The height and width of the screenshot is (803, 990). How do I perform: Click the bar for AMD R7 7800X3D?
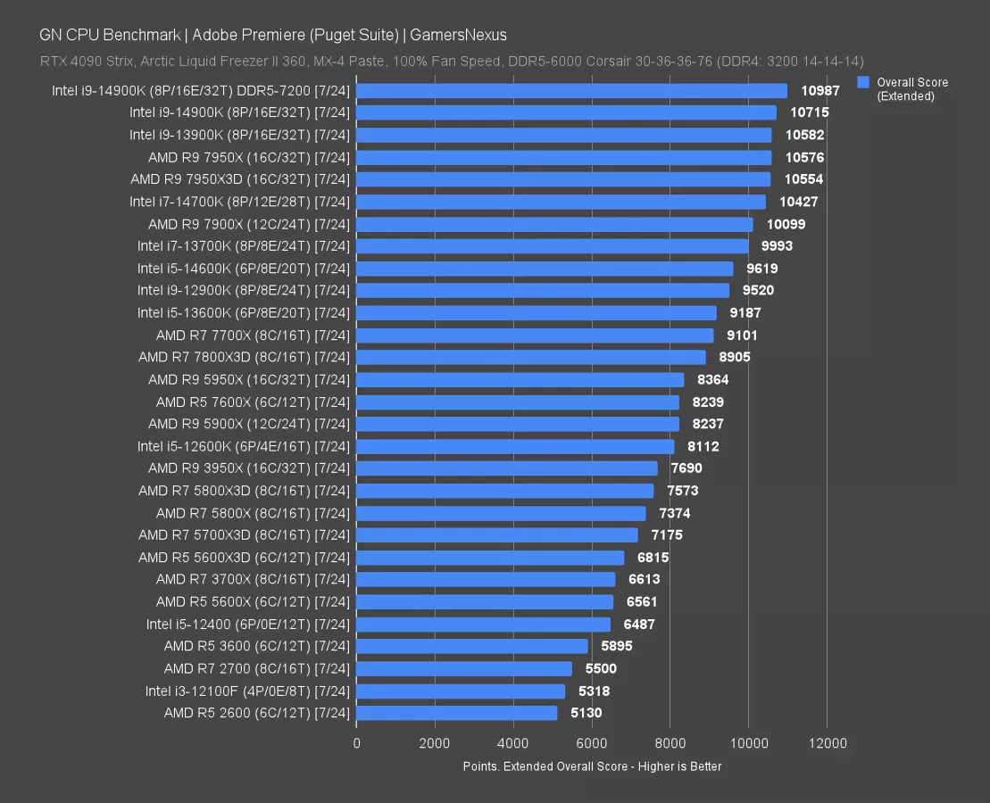pyautogui.click(x=531, y=357)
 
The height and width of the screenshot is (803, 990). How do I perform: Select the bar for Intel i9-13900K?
pyautogui.click(x=564, y=135)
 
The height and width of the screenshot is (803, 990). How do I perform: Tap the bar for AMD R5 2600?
pyautogui.click(x=457, y=713)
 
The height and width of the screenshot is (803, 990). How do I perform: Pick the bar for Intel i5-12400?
pyautogui.click(x=484, y=625)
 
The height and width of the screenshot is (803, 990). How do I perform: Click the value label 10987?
pyautogui.click(x=819, y=91)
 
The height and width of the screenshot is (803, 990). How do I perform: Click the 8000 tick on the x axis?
pyautogui.click(x=670, y=742)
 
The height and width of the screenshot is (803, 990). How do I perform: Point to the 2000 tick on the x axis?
pyautogui.click(x=435, y=742)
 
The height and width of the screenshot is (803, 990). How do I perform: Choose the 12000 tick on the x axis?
pyautogui.click(x=826, y=742)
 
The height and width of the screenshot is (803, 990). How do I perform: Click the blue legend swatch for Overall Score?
pyautogui.click(x=862, y=82)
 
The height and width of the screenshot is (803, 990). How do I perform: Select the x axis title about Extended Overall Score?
pyautogui.click(x=592, y=766)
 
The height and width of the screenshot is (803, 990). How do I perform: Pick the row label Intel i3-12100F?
pyautogui.click(x=247, y=691)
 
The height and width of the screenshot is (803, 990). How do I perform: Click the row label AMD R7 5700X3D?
pyautogui.click(x=244, y=535)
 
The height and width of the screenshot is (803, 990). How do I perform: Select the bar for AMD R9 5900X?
pyautogui.click(x=518, y=424)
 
